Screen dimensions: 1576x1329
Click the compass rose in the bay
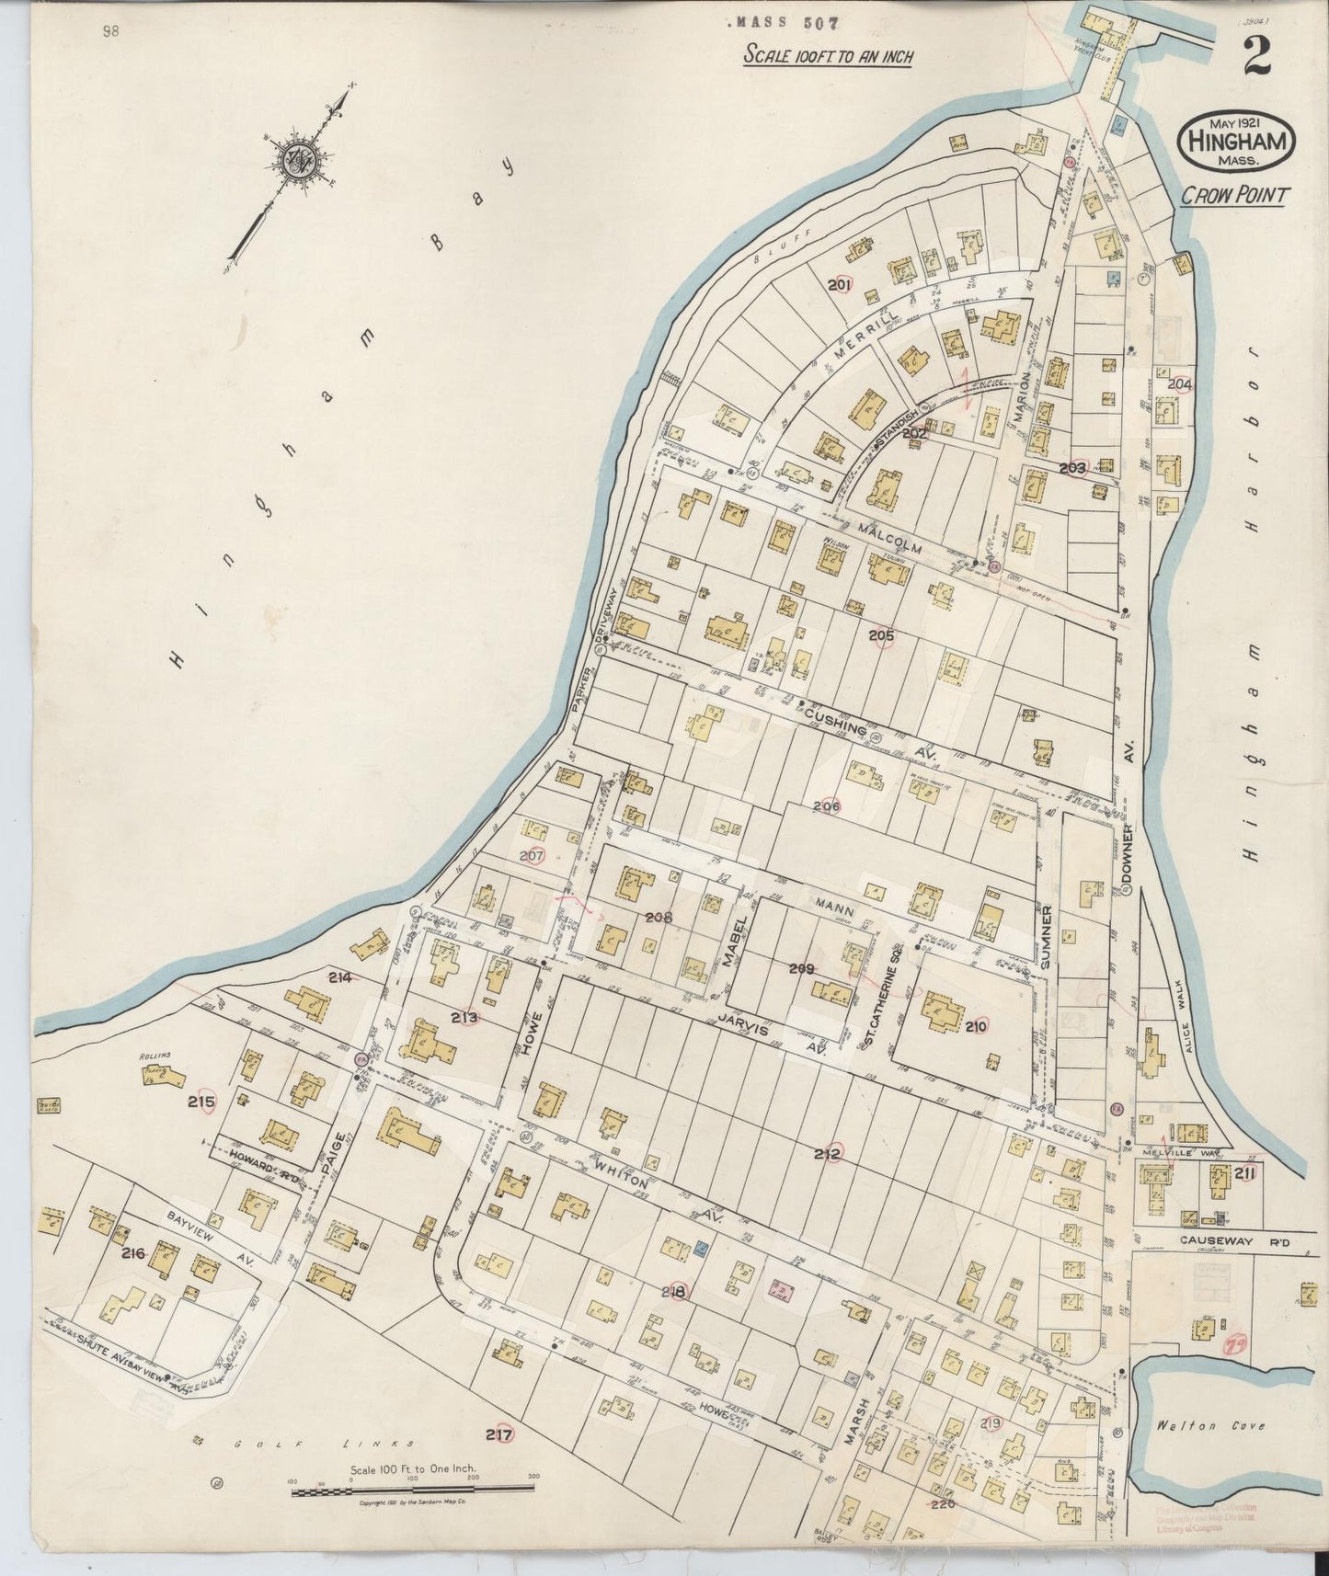click(x=301, y=158)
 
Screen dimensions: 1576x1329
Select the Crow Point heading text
click(x=1237, y=195)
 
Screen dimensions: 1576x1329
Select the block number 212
click(x=827, y=1154)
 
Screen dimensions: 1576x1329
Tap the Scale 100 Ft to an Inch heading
click(x=828, y=57)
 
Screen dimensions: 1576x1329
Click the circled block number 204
click(x=1179, y=383)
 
